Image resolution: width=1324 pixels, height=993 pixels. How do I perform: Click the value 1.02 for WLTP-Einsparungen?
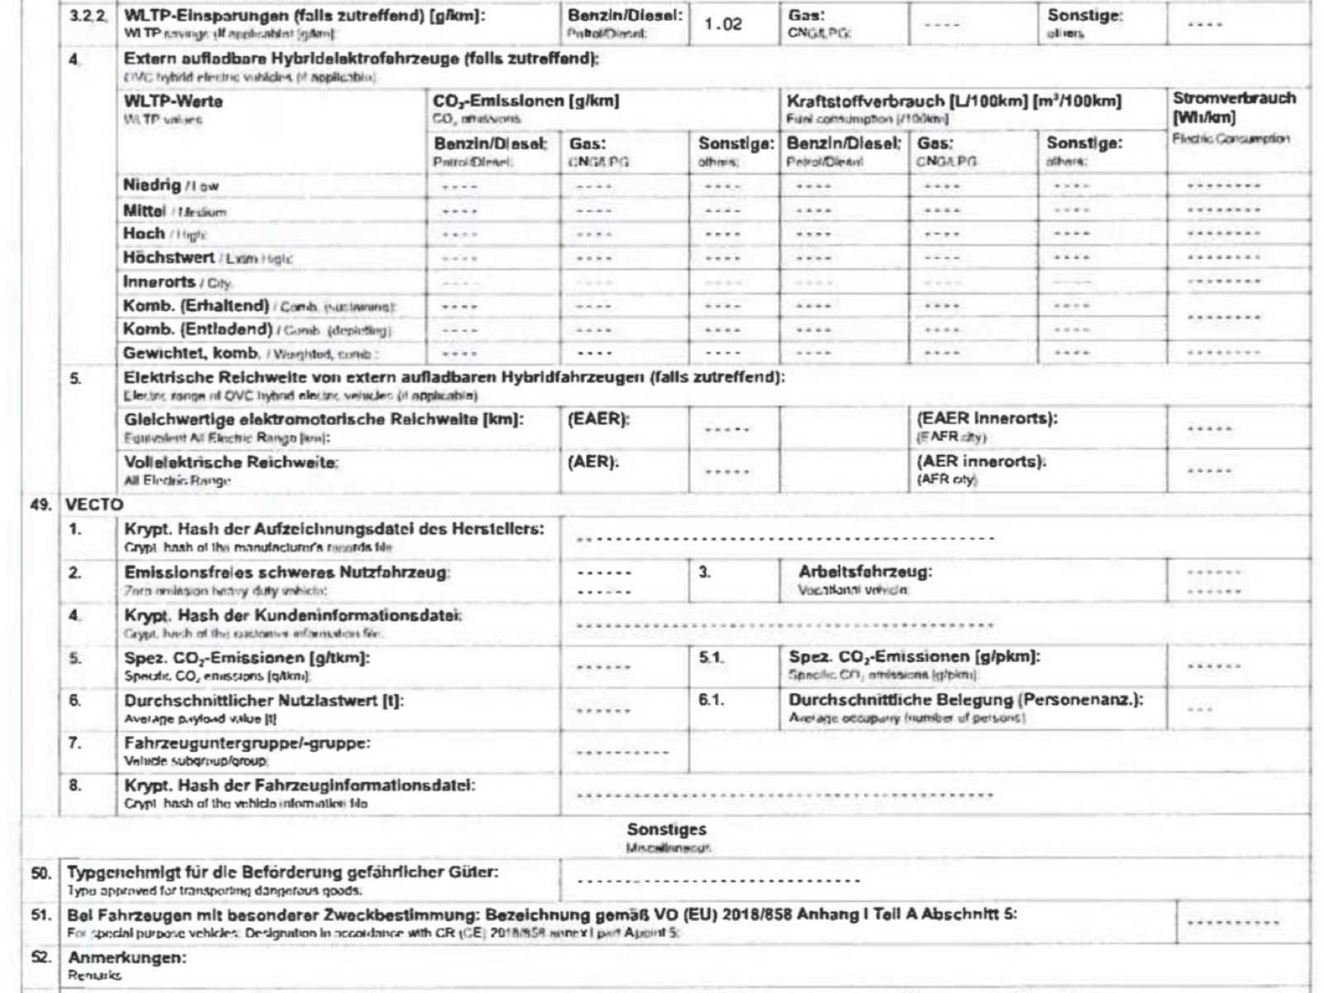click(x=723, y=24)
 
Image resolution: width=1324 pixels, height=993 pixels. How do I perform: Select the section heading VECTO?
click(x=94, y=505)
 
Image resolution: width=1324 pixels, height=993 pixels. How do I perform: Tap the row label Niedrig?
click(x=152, y=185)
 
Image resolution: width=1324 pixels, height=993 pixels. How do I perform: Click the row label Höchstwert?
click(x=169, y=257)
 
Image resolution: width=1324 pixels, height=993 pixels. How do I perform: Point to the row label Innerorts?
click(x=159, y=281)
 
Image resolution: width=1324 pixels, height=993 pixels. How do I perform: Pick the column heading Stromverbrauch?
click(x=1234, y=98)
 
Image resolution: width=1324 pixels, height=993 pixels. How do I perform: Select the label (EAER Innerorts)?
click(x=986, y=419)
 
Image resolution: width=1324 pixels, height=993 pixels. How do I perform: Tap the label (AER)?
click(x=592, y=462)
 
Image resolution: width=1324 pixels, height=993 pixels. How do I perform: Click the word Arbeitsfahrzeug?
click(x=865, y=572)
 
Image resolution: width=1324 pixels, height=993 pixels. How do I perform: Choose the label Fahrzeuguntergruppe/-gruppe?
click(x=247, y=743)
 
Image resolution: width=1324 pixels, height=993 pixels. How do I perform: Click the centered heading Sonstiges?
click(x=666, y=829)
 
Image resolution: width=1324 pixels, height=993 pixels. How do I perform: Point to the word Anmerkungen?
click(x=127, y=957)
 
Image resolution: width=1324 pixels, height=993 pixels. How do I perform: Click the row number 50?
click(x=41, y=873)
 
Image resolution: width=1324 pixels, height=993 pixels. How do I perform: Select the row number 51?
click(x=41, y=915)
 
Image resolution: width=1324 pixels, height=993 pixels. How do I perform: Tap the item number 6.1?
click(x=711, y=700)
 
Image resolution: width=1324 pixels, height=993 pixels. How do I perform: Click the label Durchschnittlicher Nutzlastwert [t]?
click(x=264, y=701)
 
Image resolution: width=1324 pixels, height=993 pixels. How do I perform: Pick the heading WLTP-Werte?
click(x=173, y=102)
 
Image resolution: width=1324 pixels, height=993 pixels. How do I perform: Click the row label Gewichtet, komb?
click(x=191, y=353)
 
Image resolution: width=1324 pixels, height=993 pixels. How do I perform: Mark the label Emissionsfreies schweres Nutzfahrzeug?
click(x=286, y=573)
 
